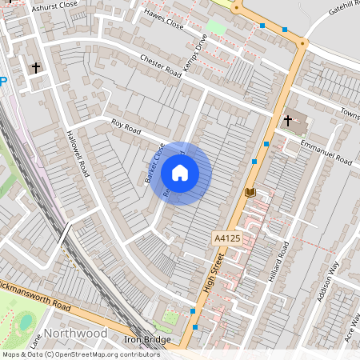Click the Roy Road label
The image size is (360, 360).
pos(126,126)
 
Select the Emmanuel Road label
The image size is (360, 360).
pos(326,151)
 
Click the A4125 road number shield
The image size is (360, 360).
pos(226,238)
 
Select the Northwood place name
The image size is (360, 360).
pos(77,333)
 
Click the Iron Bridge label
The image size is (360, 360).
pos(147,340)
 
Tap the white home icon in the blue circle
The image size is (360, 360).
pos(180,172)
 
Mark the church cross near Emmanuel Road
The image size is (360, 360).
pos(287,121)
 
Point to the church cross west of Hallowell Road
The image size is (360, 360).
pos(36,67)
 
